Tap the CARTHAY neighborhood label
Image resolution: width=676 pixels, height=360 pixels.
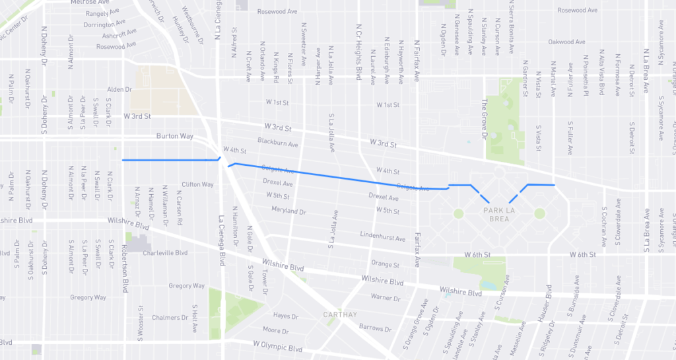point(340,314)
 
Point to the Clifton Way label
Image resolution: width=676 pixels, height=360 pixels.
point(197,184)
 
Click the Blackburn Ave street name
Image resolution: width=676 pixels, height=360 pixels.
point(278,143)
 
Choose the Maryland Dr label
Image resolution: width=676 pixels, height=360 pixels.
point(288,211)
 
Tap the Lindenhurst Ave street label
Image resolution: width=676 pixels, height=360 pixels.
point(383,236)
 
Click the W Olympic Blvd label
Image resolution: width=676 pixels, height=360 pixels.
point(277,347)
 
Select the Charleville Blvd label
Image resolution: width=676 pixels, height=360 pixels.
point(166,252)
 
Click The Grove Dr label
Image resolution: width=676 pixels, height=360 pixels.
point(484,114)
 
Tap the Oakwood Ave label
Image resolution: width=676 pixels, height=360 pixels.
point(566,42)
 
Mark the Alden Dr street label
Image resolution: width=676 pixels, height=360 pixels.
point(119,89)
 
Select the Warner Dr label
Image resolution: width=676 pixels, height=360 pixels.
point(382,297)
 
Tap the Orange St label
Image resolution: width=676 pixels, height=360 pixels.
point(386,265)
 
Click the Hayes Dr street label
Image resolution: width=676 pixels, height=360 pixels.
point(286,316)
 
